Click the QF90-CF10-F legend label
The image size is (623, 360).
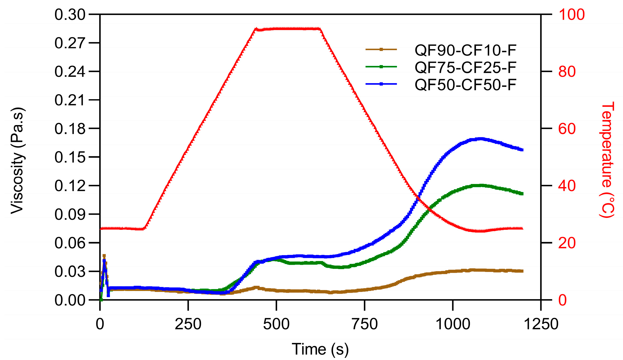[465, 50]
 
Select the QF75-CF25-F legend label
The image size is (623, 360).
[465, 67]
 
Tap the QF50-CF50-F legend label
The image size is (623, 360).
[465, 85]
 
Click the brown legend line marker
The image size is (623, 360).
[381, 49]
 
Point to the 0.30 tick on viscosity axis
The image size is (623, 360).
[70, 14]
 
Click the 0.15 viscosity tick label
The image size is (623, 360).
[70, 157]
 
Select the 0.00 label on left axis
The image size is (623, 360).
[70, 300]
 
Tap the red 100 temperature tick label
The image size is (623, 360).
[572, 14]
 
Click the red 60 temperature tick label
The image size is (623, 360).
[567, 129]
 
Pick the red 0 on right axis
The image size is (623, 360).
[562, 300]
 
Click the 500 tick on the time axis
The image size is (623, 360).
[276, 324]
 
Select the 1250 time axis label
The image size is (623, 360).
[541, 324]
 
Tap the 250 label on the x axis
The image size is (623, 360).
[188, 324]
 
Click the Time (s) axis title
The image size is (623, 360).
[320, 349]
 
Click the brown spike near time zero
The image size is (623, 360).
[104, 255]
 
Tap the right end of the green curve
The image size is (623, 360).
[522, 194]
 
